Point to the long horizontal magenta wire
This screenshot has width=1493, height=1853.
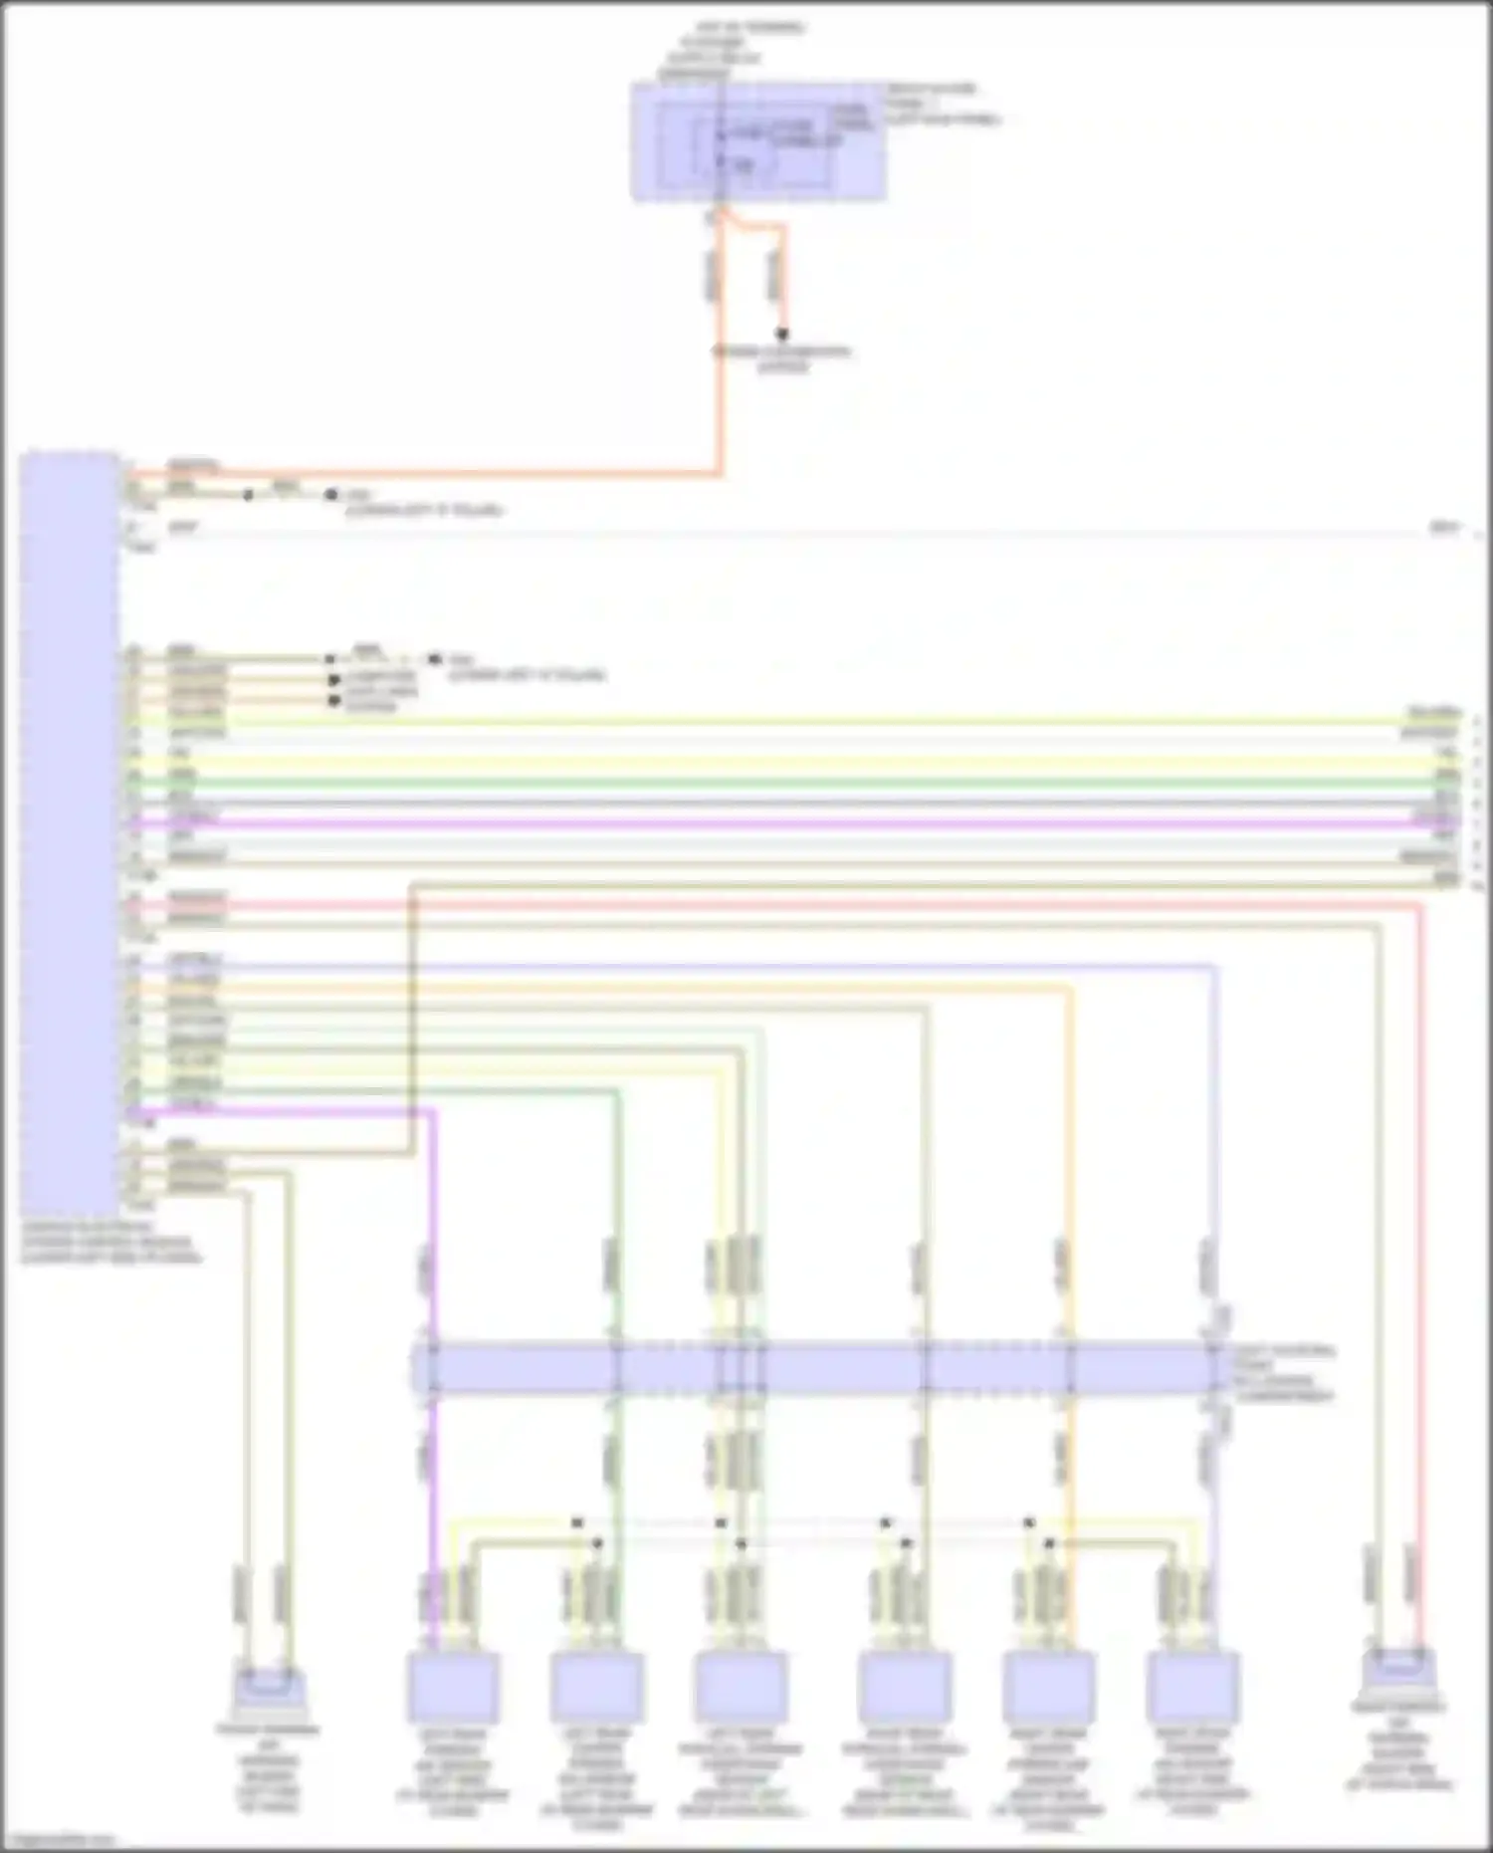pos(796,823)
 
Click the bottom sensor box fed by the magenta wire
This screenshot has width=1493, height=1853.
pos(453,1687)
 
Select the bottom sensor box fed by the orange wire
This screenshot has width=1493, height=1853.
pos(1048,1687)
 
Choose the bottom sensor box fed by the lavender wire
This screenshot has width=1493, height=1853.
pos(1192,1687)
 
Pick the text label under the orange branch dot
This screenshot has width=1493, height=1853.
pos(782,359)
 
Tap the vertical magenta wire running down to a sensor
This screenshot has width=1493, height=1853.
pos(434,1294)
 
